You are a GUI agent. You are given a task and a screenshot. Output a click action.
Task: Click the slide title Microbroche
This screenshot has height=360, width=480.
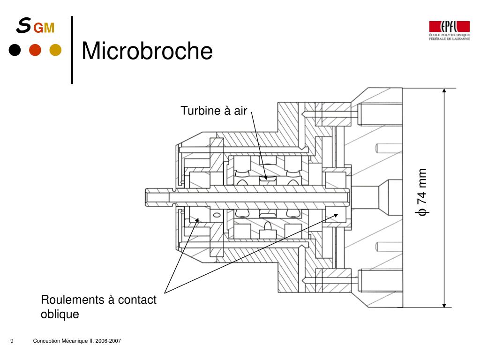coord(147,51)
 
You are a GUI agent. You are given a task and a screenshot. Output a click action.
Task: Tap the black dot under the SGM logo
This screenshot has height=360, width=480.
coord(15,50)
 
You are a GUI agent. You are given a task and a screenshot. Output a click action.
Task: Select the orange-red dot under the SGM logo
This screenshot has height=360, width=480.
coord(35,50)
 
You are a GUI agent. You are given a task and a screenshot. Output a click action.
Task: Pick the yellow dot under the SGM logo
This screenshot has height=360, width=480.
coord(55,50)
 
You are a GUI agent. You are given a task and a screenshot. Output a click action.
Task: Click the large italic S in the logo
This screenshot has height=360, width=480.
coord(23,25)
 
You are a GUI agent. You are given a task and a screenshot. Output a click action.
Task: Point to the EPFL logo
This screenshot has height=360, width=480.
coord(449,30)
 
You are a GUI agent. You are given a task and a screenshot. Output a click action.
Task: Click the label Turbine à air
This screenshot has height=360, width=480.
coord(214,111)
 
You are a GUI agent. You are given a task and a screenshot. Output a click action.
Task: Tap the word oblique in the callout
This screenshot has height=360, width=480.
coord(60,314)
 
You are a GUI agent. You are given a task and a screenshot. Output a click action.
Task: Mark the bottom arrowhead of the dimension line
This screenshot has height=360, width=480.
coord(444,305)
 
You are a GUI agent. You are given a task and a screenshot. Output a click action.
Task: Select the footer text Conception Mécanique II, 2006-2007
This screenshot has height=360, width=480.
coord(77,341)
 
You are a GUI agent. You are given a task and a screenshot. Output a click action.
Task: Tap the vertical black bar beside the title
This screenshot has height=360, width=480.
coord(72,50)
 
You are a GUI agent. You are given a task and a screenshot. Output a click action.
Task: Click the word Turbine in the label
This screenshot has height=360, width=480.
coord(201,111)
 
